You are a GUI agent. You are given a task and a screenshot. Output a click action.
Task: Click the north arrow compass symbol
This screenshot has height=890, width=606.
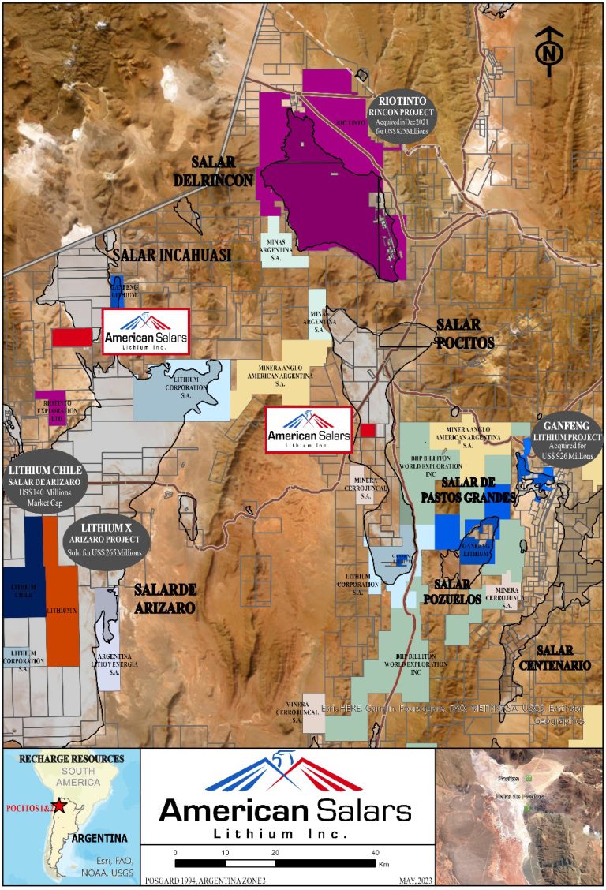(549, 51)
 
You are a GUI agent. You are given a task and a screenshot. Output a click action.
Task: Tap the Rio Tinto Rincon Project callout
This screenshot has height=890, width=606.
(406, 116)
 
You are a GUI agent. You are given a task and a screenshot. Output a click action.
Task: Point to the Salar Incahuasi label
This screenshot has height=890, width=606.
(171, 255)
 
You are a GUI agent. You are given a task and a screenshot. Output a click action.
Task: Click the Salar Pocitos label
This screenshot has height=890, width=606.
(466, 334)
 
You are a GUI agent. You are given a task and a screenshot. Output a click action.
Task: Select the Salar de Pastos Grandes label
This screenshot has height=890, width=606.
(467, 490)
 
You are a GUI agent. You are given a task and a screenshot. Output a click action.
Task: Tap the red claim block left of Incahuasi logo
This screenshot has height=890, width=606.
(72, 337)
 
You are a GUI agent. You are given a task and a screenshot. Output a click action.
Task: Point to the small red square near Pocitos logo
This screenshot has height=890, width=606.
(367, 430)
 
